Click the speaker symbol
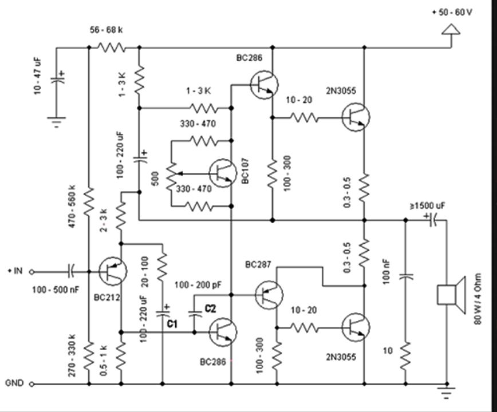point(451,295)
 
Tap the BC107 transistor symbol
point(223,173)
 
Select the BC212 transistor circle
point(113,271)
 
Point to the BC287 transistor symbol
point(269,295)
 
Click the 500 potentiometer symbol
point(171,177)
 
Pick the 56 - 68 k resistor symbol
point(111,48)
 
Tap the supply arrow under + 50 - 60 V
point(451,29)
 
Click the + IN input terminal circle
point(31,272)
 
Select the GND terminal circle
point(31,384)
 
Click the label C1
point(172,324)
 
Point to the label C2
point(210,308)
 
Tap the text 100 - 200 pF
point(198,285)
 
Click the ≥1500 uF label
point(428,206)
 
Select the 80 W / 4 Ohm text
point(478,299)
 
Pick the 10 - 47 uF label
point(38,76)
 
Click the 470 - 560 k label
point(72,206)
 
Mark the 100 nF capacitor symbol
point(405,276)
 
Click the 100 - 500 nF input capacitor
point(70,271)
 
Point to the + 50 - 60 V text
point(452,13)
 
